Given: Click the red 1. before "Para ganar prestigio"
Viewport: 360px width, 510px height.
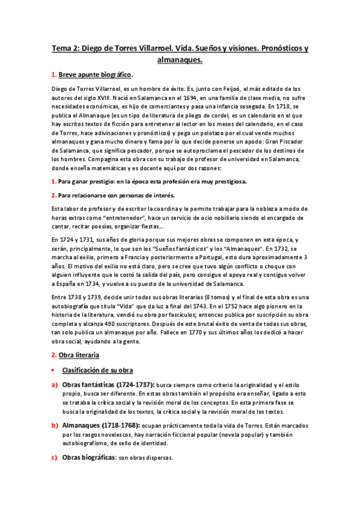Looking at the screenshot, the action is tap(53, 180).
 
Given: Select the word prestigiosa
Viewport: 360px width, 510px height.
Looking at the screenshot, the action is tap(225, 180).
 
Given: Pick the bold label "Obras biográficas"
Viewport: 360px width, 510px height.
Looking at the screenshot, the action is tap(88, 457).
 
